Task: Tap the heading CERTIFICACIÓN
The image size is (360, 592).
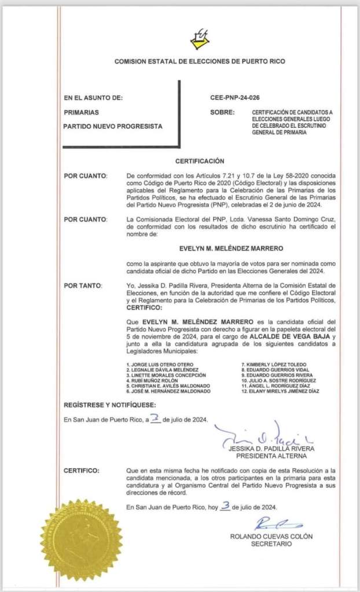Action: point(200,161)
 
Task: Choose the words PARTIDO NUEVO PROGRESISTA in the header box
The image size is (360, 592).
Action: point(113,126)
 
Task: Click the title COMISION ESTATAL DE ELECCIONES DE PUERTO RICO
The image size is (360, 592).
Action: point(200,61)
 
